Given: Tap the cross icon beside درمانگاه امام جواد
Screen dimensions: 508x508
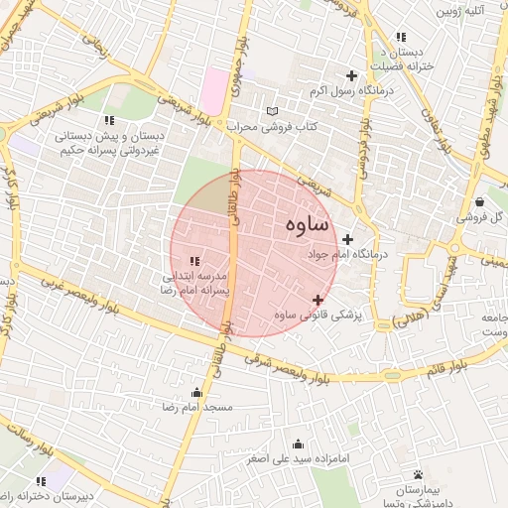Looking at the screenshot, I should (347, 239).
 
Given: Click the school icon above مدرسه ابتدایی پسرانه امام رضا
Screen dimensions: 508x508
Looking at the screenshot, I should (194, 260).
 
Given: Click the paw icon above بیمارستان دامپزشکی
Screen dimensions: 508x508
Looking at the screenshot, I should (418, 474).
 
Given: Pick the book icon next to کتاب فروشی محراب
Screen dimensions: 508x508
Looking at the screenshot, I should (273, 110).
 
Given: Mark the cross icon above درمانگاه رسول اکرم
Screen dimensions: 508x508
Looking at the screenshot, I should (350, 75).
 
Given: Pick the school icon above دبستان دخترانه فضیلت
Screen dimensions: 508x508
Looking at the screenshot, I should (400, 37).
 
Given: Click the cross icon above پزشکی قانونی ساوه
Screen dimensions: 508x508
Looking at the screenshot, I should (317, 300).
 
